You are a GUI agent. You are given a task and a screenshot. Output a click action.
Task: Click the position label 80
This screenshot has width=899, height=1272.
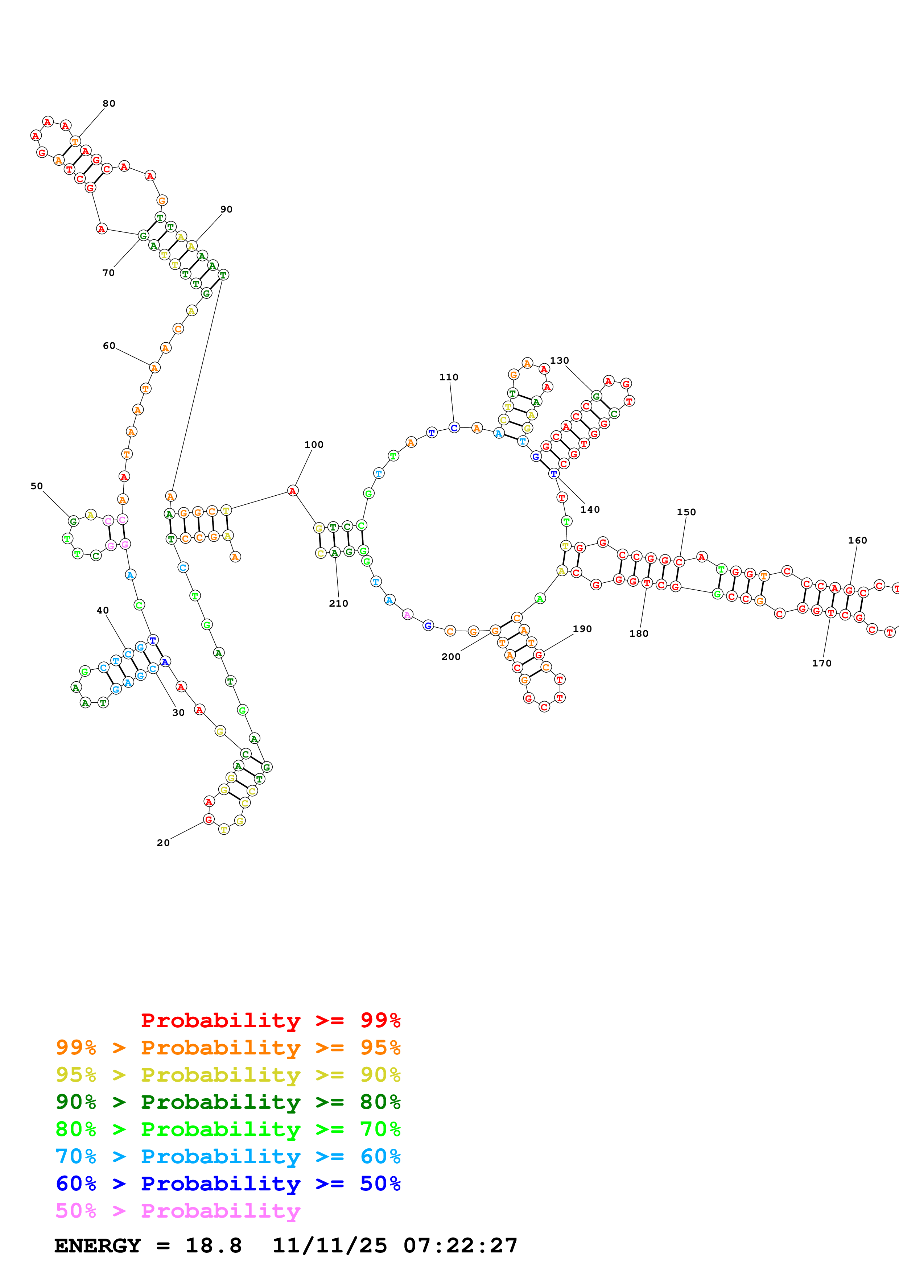tap(109, 104)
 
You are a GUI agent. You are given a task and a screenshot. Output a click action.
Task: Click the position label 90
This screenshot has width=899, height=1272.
tap(227, 210)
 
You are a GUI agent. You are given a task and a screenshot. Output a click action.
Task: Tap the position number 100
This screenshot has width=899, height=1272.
tap(314, 445)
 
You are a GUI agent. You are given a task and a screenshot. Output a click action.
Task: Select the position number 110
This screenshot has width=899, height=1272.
tap(449, 377)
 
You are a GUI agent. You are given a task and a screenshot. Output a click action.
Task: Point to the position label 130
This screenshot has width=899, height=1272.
tap(560, 361)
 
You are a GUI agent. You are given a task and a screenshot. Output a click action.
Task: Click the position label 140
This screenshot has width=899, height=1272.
tap(590, 510)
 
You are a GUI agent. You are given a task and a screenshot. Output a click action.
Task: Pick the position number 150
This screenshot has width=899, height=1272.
tap(686, 512)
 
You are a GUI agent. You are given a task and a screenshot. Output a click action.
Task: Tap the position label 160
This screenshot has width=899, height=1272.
tap(857, 541)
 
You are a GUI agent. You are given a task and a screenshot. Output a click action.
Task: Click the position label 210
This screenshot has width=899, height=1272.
tap(338, 604)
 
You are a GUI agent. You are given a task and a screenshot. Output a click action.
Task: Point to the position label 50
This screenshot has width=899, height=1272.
tap(37, 486)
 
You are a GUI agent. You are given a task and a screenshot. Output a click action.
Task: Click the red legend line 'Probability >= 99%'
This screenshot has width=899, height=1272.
tap(270, 1020)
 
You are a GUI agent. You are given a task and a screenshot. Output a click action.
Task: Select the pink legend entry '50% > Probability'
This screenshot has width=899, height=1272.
tap(177, 1211)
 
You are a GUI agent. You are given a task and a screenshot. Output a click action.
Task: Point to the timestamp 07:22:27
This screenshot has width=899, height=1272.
tap(460, 1246)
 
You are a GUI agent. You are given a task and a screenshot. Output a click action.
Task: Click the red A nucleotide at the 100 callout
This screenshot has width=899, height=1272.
tap(292, 491)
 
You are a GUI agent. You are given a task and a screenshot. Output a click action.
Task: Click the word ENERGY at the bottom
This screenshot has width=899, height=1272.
tap(98, 1246)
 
